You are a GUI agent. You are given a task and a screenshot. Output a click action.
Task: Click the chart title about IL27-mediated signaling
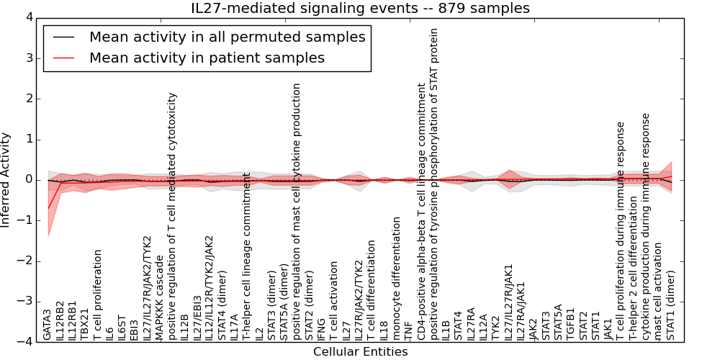[x=360, y=9]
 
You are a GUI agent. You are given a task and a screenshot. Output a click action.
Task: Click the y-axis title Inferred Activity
[x=6, y=179]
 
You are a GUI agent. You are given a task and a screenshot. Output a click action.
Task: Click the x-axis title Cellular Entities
[x=360, y=352]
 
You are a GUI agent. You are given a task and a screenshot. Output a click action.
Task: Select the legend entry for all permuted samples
[x=227, y=37]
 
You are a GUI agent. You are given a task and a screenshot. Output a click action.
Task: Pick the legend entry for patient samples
[x=207, y=58]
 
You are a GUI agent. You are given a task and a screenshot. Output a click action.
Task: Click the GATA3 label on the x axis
[x=48, y=324]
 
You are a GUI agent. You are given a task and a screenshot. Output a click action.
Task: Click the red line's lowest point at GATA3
[x=48, y=208]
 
